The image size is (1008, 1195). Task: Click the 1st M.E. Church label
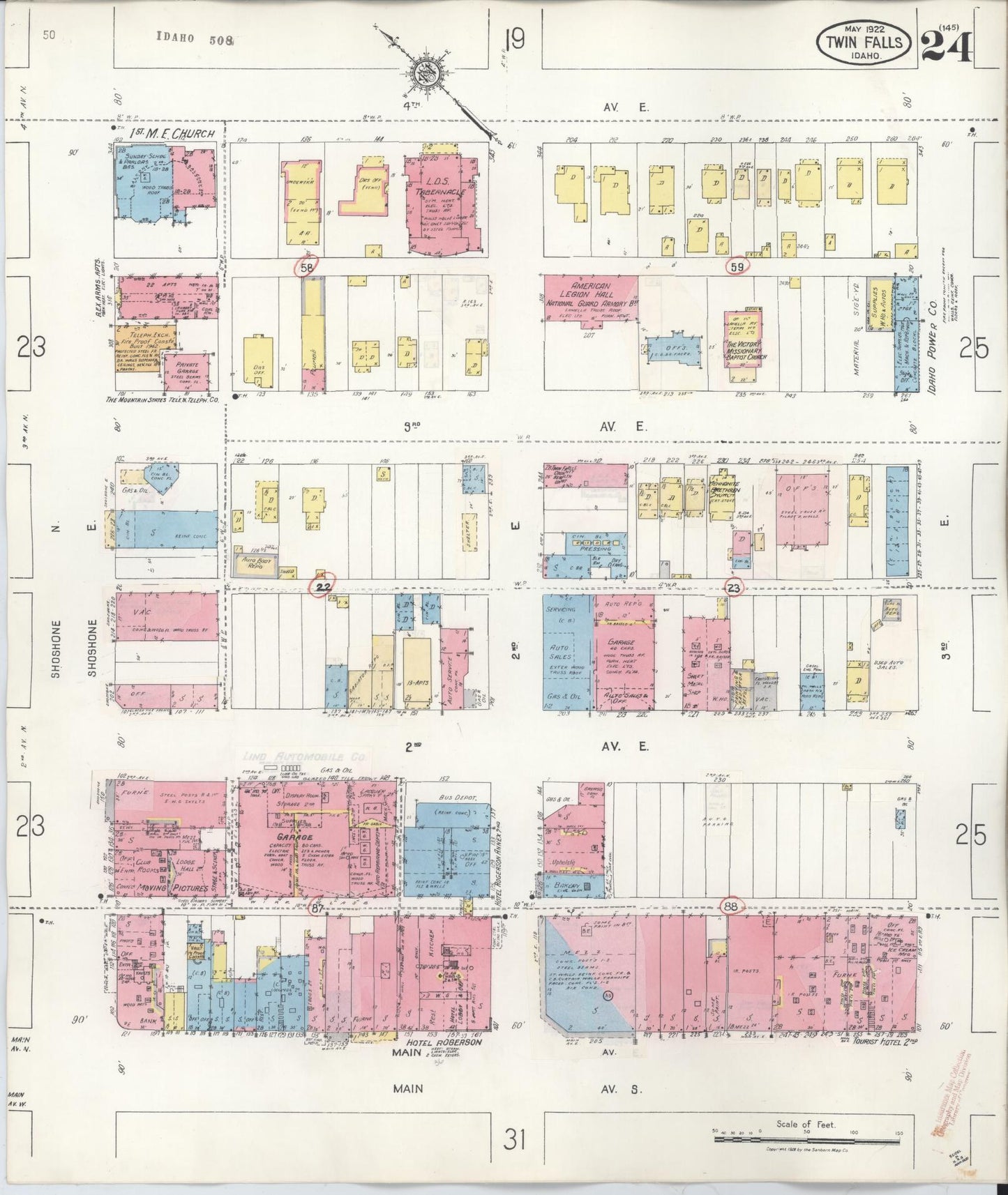(x=165, y=132)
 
